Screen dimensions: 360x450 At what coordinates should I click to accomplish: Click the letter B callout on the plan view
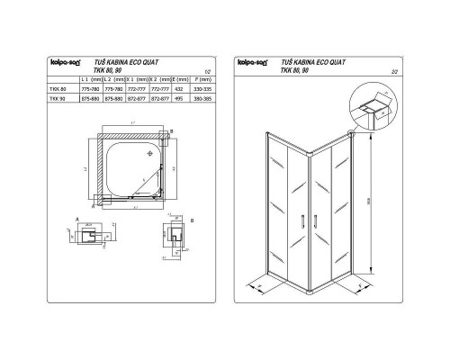click(x=171, y=131)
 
